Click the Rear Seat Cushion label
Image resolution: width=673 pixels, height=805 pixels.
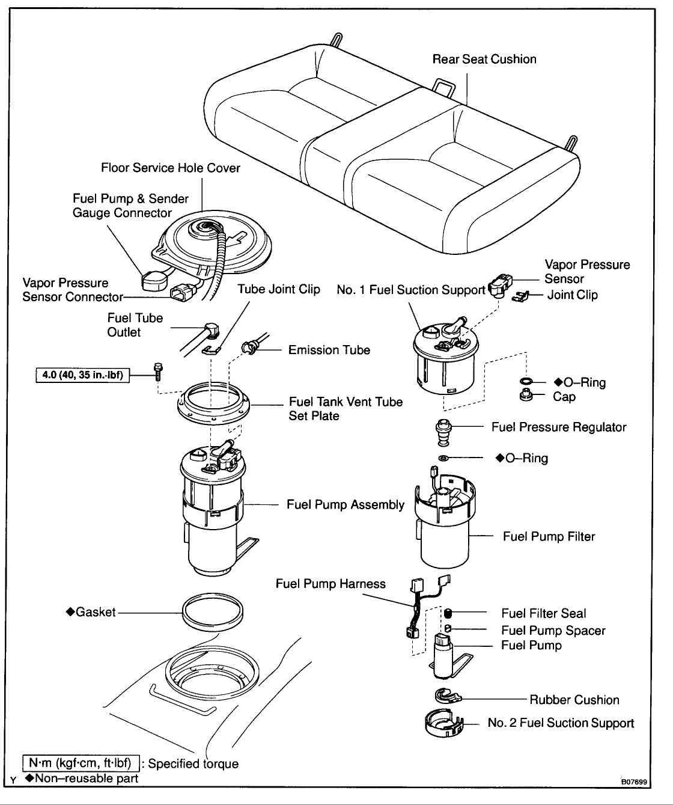click(484, 59)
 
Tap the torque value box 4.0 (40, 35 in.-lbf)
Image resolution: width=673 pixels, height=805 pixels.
click(83, 376)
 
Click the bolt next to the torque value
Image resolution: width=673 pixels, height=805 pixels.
click(158, 372)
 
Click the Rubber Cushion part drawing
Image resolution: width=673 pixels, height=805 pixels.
click(448, 696)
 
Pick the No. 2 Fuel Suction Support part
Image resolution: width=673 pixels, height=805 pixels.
click(443, 723)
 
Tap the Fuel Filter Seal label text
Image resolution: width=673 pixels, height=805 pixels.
click(544, 613)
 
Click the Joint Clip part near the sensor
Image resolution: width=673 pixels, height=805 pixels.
click(521, 296)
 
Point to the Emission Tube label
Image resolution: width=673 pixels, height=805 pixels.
click(329, 350)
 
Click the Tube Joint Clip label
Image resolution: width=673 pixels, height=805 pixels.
click(279, 289)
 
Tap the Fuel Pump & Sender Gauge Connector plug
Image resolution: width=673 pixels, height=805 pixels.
click(152, 281)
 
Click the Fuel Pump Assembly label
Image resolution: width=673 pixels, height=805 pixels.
click(346, 504)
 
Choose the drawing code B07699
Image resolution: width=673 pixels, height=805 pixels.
click(634, 782)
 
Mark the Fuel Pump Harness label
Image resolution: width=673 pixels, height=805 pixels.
click(330, 583)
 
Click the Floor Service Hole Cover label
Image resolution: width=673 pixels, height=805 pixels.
click(171, 168)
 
